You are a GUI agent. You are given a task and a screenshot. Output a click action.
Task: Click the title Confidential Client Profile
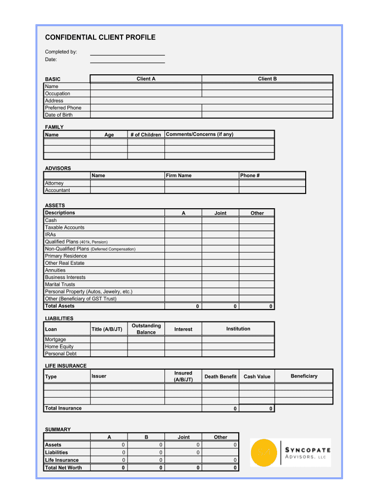[100, 37]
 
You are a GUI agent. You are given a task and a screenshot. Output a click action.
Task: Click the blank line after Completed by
[127, 52]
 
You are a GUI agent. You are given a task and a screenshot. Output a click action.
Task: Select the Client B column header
[267, 79]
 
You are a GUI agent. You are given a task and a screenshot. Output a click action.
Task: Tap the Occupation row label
[58, 94]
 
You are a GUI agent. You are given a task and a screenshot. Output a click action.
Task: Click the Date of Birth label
[59, 115]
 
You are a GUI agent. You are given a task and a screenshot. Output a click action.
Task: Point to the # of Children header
[146, 135]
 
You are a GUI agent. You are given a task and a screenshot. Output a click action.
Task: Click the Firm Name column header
[179, 176]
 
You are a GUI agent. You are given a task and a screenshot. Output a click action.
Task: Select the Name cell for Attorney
[127, 183]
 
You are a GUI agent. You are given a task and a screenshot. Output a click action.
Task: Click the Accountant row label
[58, 190]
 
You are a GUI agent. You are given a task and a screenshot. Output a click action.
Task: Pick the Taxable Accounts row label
[64, 227]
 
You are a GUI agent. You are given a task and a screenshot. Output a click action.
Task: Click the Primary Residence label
[66, 256]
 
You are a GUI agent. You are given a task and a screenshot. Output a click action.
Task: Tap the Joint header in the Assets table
[220, 213]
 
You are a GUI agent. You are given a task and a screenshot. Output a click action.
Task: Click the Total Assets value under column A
[183, 306]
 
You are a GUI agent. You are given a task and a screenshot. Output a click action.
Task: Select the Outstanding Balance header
[146, 329]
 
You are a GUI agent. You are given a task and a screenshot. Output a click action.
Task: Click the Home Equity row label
[59, 346]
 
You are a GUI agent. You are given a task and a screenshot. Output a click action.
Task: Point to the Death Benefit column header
[221, 377]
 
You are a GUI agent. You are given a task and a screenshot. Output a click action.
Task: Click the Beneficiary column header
[304, 376]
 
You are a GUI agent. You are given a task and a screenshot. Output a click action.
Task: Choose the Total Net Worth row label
[63, 468]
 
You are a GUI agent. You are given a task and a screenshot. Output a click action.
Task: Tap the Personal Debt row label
[61, 353]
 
